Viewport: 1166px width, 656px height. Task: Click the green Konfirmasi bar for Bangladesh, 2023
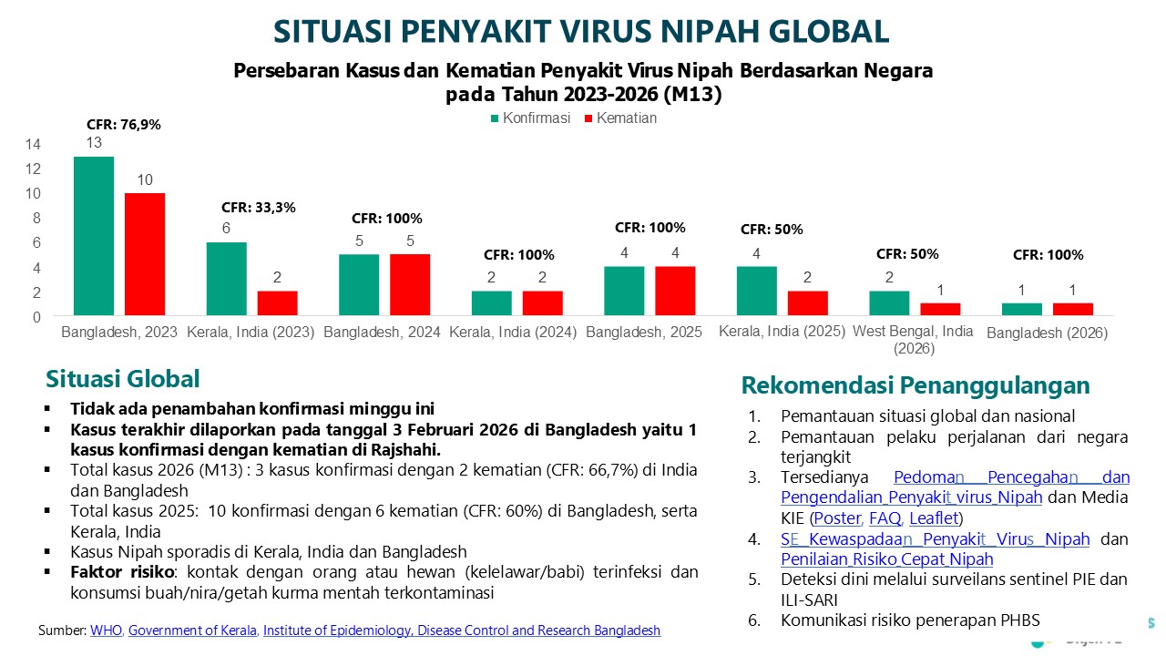click(94, 236)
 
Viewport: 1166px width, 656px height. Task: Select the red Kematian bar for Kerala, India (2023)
click(277, 303)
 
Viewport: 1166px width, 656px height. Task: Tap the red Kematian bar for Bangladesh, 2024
click(410, 284)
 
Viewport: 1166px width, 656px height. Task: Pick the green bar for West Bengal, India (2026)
click(889, 303)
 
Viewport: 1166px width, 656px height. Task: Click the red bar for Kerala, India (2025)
click(807, 303)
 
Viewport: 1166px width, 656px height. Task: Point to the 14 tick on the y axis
click(33, 144)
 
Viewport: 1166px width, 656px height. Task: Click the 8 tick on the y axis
click(36, 219)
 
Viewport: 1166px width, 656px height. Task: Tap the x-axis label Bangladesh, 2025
click(644, 333)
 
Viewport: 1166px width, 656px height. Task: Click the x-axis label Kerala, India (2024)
click(513, 333)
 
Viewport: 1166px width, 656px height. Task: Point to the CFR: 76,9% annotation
click(124, 125)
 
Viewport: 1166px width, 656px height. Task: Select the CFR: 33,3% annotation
click(259, 207)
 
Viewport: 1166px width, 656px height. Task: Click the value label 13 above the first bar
click(94, 143)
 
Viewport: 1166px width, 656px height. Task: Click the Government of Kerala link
click(193, 630)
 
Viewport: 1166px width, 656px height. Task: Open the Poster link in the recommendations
click(836, 518)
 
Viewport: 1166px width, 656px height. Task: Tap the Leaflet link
click(934, 518)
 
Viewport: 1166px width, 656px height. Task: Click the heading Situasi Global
click(122, 379)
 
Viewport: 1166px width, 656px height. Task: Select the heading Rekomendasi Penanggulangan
click(915, 384)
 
